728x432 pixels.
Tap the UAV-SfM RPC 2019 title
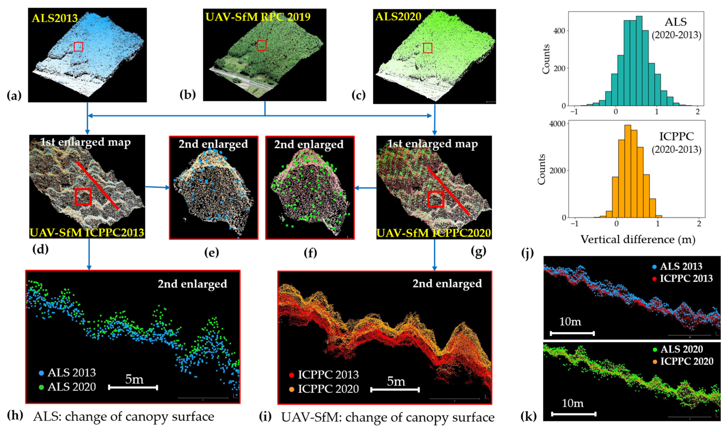pos(258,17)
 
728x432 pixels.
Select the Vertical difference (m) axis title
pos(638,239)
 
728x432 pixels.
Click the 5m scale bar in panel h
pos(133,387)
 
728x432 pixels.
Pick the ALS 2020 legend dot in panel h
pos(42,387)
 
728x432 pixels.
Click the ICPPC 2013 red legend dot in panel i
pos(291,375)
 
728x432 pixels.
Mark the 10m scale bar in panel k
pos(573,414)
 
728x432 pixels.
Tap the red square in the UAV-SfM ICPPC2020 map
pos(435,199)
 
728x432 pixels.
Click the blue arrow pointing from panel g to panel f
pos(365,188)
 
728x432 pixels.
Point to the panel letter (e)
pos(211,253)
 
